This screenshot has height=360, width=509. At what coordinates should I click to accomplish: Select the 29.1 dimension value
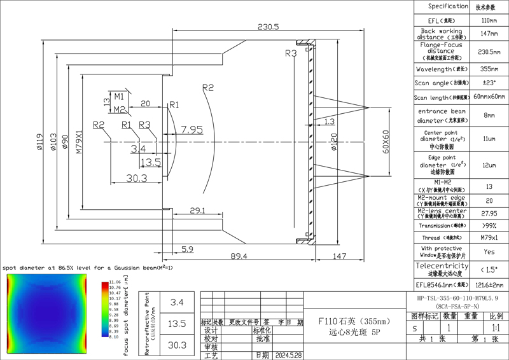point(198,209)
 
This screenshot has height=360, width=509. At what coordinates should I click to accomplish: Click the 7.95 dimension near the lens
point(192,130)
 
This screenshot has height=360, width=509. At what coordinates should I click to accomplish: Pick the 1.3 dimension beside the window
point(330,121)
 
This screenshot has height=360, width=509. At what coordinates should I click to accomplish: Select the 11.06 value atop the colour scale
point(115,280)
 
